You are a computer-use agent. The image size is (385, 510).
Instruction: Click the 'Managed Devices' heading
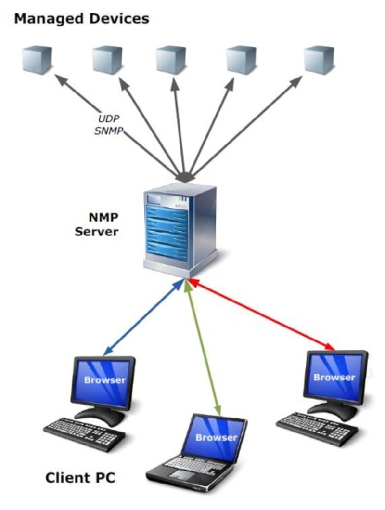[x=81, y=19]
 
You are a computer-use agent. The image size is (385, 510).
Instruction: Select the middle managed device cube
[x=171, y=60]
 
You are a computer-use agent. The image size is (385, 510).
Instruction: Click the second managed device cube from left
[x=107, y=60]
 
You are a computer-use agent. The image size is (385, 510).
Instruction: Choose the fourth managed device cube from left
[x=241, y=60]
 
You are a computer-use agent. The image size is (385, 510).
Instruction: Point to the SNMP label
[x=108, y=130]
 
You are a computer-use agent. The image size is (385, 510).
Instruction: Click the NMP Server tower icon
[x=179, y=226]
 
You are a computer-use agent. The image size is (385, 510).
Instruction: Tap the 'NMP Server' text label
[x=96, y=224]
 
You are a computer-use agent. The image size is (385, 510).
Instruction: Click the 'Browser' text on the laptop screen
[x=217, y=437]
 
